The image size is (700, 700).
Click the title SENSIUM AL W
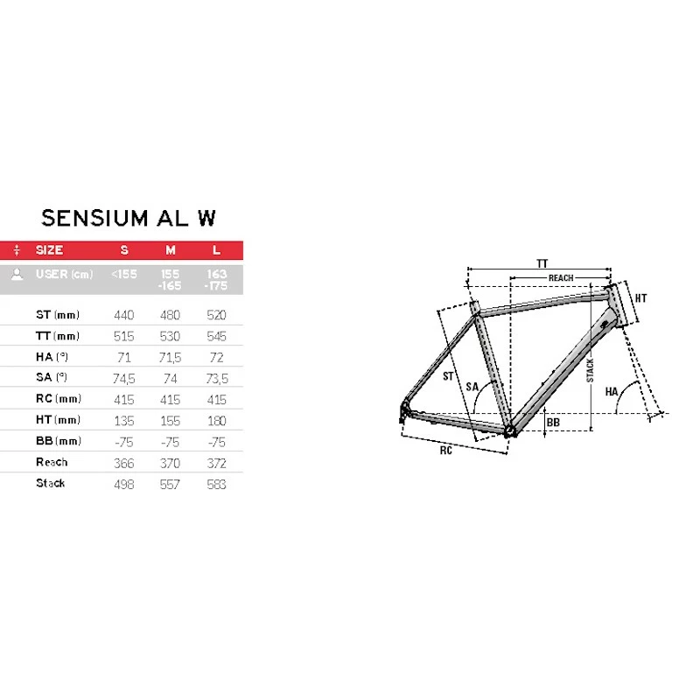[x=129, y=218]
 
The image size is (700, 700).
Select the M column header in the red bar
[x=171, y=250]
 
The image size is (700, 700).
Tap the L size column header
[x=216, y=250]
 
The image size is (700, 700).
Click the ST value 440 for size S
[x=123, y=315]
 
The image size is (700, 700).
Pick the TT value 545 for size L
[x=216, y=336]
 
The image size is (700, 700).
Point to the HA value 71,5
[x=170, y=358]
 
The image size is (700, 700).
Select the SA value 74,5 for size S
[x=123, y=379]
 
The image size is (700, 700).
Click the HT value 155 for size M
[x=170, y=421]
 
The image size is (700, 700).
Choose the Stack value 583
[x=216, y=485]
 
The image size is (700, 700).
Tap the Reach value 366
[x=123, y=464]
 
